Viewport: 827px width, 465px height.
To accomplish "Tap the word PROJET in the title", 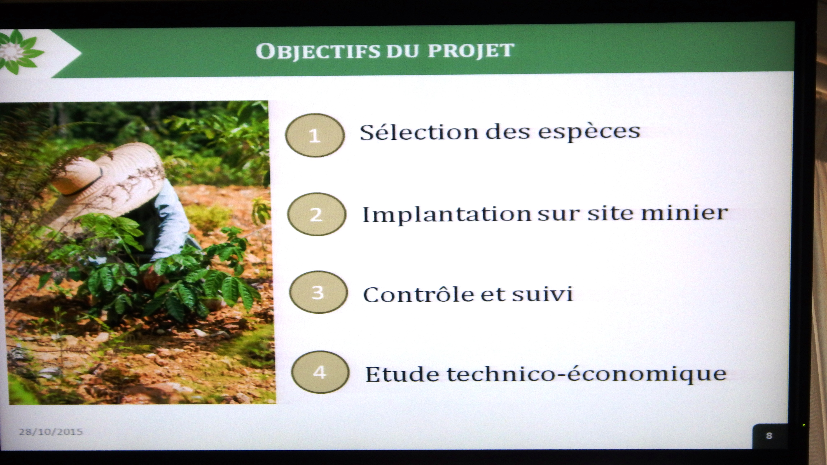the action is click(471, 50).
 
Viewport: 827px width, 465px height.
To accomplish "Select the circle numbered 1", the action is click(315, 135).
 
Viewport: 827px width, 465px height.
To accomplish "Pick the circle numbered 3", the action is click(318, 292).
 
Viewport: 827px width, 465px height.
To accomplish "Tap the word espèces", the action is click(589, 132).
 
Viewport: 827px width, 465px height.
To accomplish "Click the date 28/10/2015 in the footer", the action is click(51, 432).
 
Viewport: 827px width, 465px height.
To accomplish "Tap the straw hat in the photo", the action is click(106, 183).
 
